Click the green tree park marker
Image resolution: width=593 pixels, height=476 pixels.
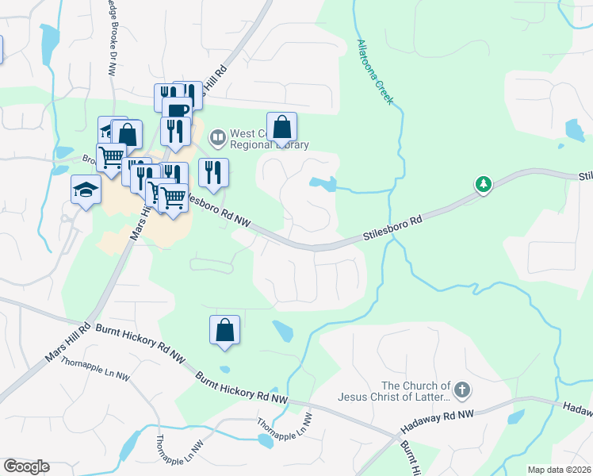coord(484,185)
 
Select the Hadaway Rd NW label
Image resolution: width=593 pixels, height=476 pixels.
coord(438,421)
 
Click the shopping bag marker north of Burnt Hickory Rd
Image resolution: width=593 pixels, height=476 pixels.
coord(225,330)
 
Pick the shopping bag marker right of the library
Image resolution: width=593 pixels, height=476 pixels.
coord(281,127)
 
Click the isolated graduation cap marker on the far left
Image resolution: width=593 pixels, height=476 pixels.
coord(86,190)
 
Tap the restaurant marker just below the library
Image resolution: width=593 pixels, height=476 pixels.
coord(213,172)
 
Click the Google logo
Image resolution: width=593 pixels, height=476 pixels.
coord(26,466)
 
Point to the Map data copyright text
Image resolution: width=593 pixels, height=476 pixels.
coord(559,470)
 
